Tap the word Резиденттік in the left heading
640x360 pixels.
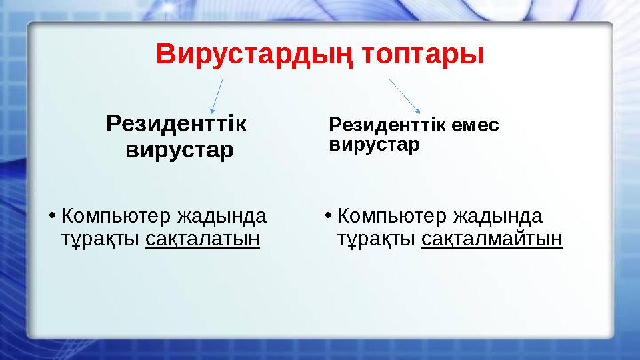pyautogui.click(x=176, y=123)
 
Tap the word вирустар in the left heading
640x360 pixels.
pyautogui.click(x=179, y=149)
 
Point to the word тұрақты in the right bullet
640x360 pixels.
pyautogui.click(x=377, y=239)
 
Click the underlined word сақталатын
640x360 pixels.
pyautogui.click(x=202, y=239)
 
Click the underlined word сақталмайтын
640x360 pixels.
pyautogui.click(x=492, y=239)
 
